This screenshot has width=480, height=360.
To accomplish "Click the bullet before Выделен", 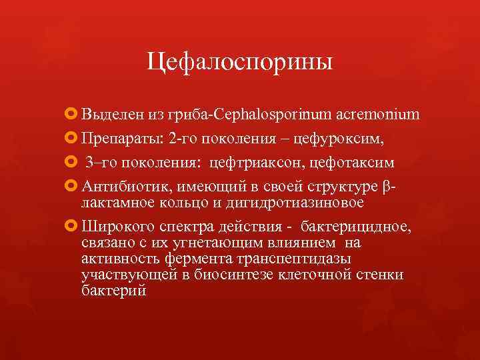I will coord(72,115).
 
